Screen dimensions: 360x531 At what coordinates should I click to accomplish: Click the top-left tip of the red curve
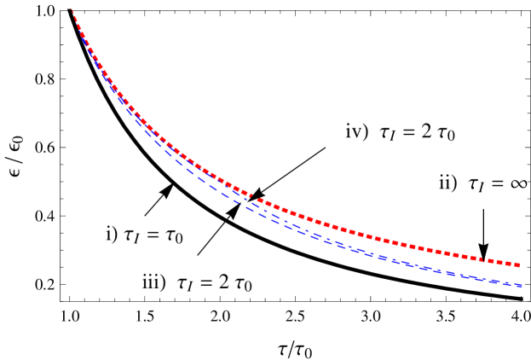(72, 9)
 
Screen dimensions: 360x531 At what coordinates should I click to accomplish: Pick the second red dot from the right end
(511, 264)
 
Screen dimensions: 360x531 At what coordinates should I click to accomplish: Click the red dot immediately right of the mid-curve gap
(260, 201)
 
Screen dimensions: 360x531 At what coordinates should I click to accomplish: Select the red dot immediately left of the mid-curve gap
(248, 195)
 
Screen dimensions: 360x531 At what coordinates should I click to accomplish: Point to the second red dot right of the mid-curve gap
(267, 204)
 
